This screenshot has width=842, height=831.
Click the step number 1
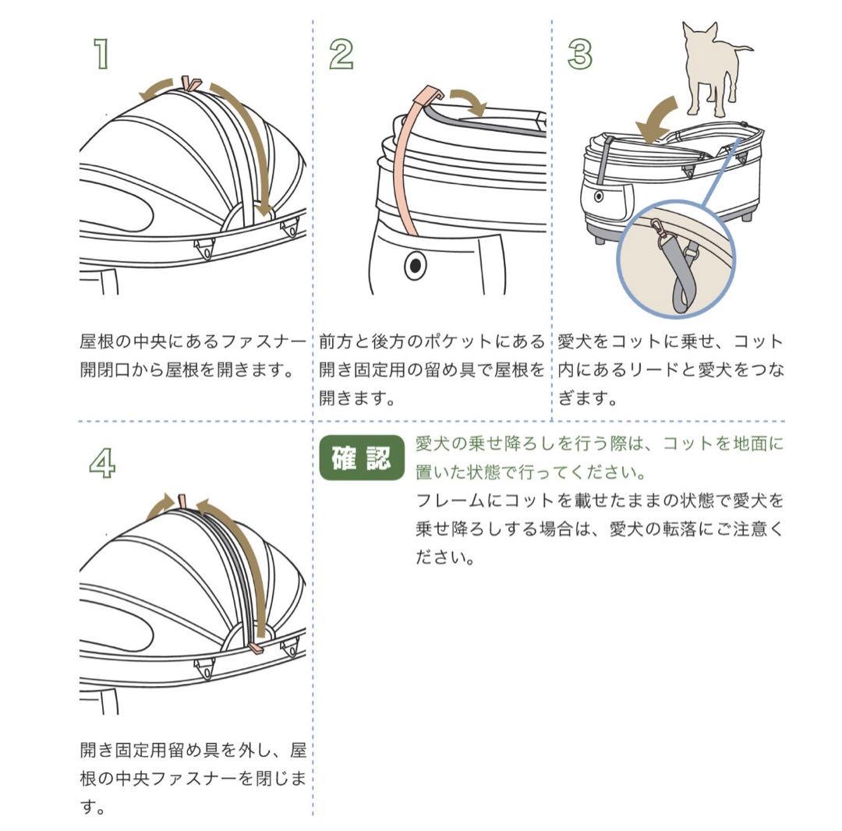click(101, 55)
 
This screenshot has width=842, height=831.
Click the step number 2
click(341, 55)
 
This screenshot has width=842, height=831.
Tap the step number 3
click(580, 55)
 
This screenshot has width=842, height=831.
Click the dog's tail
click(744, 48)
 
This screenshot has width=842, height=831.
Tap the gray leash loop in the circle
click(678, 281)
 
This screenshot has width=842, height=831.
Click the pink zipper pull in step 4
click(256, 647)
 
